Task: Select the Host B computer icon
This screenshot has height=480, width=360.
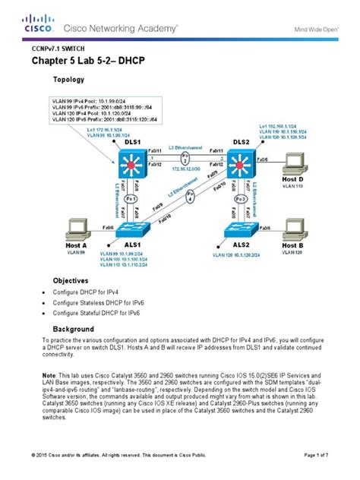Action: click(x=292, y=229)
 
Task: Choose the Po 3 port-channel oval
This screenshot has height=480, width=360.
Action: click(x=242, y=199)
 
